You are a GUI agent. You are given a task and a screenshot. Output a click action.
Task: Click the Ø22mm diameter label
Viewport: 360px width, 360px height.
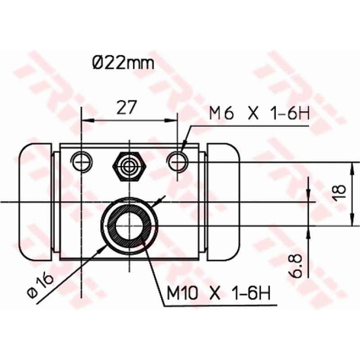[x=123, y=63]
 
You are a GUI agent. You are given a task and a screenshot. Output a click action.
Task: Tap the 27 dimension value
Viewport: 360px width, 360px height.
[x=127, y=108]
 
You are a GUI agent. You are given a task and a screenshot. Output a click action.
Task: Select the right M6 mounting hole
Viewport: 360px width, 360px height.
[x=177, y=161]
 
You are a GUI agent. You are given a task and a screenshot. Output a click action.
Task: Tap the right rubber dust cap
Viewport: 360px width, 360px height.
[x=224, y=202]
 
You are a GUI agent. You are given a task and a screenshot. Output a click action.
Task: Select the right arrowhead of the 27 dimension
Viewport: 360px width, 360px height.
[x=172, y=121]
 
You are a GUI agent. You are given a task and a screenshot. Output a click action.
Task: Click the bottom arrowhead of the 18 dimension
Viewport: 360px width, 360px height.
[x=351, y=220]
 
